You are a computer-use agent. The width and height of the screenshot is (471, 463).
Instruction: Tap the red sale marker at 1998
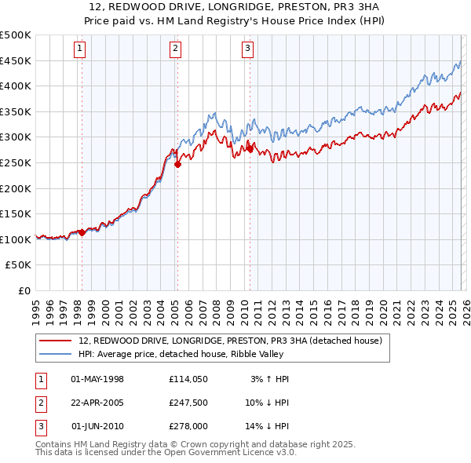(x=82, y=232)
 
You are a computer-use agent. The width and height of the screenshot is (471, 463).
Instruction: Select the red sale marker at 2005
(x=178, y=164)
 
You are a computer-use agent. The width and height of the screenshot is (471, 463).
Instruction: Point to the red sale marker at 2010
(x=250, y=148)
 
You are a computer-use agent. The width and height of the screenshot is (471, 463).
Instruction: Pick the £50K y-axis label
(x=19, y=265)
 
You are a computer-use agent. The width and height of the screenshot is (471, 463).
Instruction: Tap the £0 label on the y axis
(x=24, y=291)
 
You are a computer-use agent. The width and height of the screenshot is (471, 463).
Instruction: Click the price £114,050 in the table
(x=188, y=379)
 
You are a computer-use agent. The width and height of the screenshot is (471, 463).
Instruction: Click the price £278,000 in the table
(x=188, y=426)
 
